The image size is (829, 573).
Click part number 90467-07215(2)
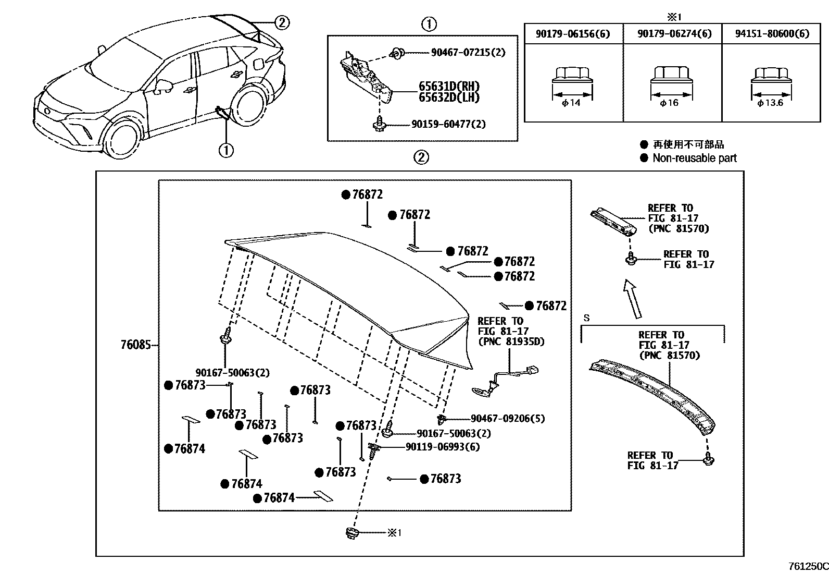pos(468,53)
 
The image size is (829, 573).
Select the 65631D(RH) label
pos(449,87)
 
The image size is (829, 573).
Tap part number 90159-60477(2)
pos(448,125)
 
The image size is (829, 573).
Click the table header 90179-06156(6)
pos(573,34)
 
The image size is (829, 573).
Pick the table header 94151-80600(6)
pos(772,34)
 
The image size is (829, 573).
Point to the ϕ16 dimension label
pos(669,103)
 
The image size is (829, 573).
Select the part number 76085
pos(135,345)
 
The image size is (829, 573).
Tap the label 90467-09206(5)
pos(507,419)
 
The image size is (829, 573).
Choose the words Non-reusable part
pos(695,158)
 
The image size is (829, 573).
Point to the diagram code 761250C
pos(808,567)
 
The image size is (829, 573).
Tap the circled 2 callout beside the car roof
pos(281,22)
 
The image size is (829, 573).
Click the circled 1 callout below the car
pos(225,151)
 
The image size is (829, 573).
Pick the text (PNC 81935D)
pos(510,342)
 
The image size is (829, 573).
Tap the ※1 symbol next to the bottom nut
pos(394,533)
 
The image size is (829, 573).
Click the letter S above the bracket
pos(587,318)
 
